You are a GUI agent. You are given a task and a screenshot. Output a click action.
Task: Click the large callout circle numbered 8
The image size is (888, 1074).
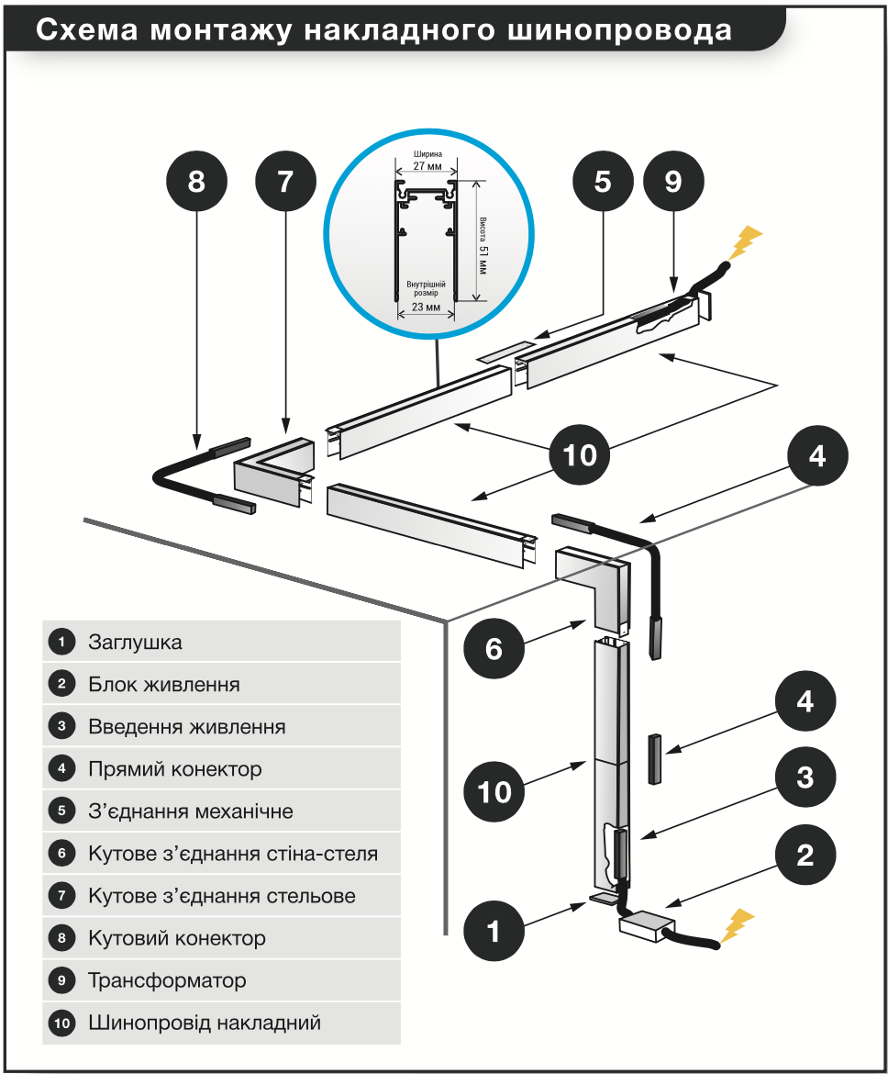(196, 182)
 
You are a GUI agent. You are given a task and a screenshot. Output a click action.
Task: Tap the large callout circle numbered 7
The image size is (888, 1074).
(285, 182)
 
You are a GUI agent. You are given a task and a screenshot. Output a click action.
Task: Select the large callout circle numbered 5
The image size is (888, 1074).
(603, 182)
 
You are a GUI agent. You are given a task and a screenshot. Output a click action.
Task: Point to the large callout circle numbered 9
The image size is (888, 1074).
(673, 182)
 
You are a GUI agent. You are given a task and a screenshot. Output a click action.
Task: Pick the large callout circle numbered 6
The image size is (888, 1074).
(494, 648)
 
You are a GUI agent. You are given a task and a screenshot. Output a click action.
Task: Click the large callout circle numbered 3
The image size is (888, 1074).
(805, 778)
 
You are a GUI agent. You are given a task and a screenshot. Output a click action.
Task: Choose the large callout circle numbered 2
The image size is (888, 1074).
(805, 855)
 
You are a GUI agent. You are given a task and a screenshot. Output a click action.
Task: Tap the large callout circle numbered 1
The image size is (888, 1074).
(494, 932)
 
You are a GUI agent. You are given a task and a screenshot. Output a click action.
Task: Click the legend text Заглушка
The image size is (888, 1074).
(135, 643)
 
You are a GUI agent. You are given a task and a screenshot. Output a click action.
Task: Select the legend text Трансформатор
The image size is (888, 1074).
(167, 981)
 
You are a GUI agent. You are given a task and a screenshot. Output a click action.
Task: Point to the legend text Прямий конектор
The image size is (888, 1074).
(174, 769)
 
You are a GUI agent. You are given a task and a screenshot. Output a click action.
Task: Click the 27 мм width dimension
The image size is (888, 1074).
(427, 166)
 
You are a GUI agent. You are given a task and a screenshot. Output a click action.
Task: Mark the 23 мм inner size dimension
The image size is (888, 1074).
(426, 307)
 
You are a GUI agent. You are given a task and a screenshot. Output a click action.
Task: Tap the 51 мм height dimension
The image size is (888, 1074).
(482, 261)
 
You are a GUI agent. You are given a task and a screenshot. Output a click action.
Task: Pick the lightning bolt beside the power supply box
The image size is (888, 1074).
(738, 925)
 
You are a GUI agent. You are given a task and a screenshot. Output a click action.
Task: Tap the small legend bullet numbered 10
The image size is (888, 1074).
(61, 1024)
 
